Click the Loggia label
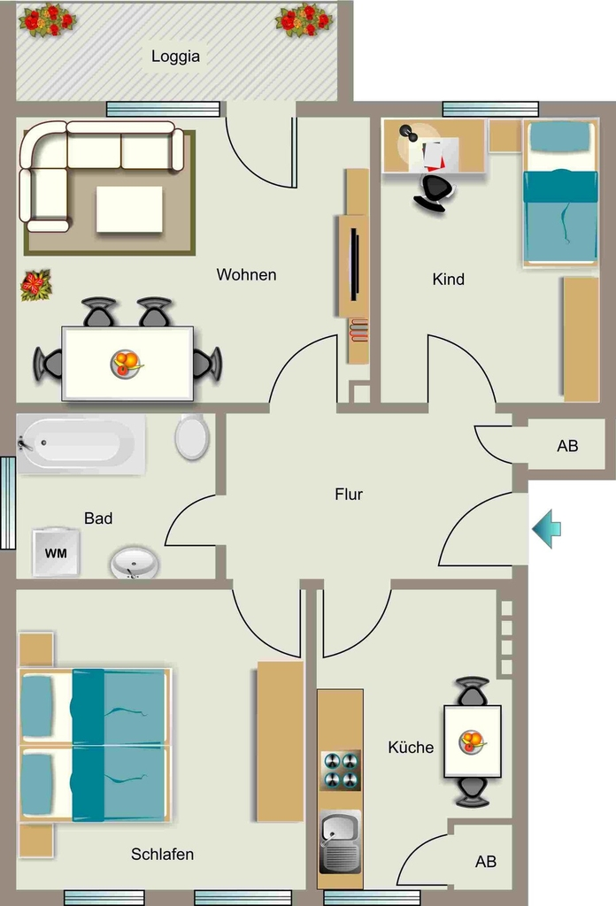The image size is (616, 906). pos(175,57)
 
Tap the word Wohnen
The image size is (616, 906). pos(246,274)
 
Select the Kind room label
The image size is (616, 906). pos(449,279)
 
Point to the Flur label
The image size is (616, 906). pos(349,494)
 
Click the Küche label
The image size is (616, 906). pos(411,747)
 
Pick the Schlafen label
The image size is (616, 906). pos(162,854)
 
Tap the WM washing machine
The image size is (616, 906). pos(56,552)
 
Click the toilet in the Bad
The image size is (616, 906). pos(192,436)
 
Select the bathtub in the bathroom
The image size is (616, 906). pos(81,444)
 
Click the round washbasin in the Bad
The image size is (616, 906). pos(135,562)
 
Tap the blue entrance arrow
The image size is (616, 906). pos(547,529)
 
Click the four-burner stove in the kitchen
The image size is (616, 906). pos(341,771)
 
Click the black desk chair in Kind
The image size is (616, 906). pos(435,191)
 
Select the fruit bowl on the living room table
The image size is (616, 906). pos(126,364)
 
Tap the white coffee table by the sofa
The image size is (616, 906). pos(129,209)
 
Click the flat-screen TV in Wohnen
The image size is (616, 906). pos(354,264)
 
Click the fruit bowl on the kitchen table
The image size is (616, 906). pos(472,741)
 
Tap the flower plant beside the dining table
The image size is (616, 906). pos(35,285)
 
